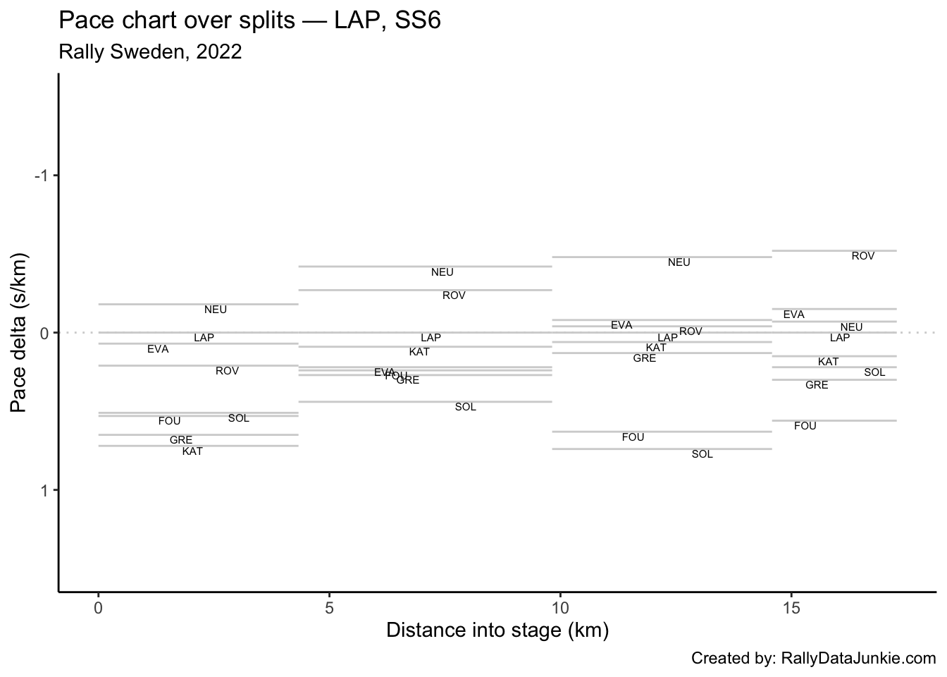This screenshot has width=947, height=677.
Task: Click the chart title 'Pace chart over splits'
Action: tap(249, 20)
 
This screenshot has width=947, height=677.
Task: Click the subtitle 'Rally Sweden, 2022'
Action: tap(150, 52)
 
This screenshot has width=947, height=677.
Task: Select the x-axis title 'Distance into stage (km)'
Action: tap(497, 630)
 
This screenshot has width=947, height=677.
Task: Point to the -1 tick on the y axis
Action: tap(43, 176)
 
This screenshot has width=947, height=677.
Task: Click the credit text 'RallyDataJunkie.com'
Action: tap(858, 659)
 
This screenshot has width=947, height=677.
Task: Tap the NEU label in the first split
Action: tap(216, 310)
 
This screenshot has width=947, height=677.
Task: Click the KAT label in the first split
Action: tap(192, 451)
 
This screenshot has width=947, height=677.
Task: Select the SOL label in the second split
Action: tap(466, 407)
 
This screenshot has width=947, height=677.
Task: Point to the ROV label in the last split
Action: tap(862, 256)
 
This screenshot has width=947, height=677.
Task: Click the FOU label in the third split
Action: tap(633, 437)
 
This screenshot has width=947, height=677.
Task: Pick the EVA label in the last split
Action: tap(793, 315)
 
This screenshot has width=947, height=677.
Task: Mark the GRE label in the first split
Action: tap(181, 440)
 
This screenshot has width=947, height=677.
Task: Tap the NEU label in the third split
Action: tap(679, 262)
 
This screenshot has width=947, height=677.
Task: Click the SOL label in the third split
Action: tap(702, 454)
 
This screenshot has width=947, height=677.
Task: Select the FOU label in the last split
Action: tap(805, 426)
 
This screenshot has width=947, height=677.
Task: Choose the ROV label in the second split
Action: tap(454, 295)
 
